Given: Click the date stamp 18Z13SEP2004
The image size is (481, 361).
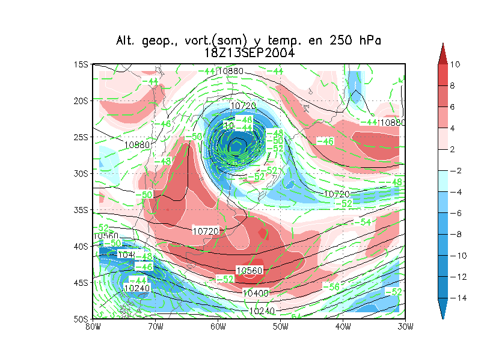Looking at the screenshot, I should coord(249,53).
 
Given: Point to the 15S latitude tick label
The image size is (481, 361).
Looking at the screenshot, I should coord(81,64).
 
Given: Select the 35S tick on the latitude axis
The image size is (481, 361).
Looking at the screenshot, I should coord(81,210).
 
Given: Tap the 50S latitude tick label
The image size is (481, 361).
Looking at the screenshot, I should coord(81,319).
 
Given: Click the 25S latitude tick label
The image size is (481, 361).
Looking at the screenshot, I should coord(81,137).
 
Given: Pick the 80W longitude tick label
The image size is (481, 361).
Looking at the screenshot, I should coord(93,327).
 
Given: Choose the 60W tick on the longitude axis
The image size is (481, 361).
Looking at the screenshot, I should coord(218,327).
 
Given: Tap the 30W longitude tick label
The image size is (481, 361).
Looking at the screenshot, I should coord(405,327).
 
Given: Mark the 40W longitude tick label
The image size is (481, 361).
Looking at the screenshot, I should coord(343,327).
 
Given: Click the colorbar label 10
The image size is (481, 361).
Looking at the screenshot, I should coord(455,64).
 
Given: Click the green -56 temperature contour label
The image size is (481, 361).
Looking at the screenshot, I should coord(331,287).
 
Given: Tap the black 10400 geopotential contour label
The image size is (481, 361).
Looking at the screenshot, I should coord(254,293).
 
